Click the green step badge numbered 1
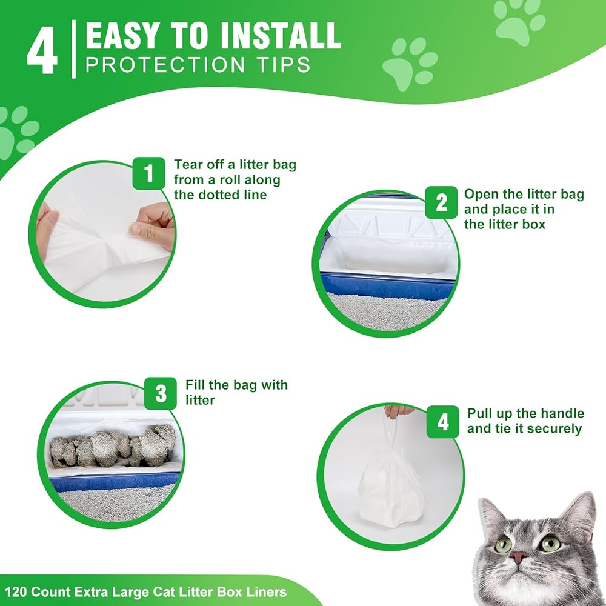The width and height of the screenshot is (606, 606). [x=149, y=173]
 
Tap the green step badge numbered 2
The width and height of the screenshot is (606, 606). [x=441, y=202]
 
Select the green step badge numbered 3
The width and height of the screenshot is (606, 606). [x=161, y=393]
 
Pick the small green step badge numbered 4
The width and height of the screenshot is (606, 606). [x=443, y=422]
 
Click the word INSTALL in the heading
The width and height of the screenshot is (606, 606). [x=281, y=36]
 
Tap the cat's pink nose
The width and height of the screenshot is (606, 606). [x=518, y=557]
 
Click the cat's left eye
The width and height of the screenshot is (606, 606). [x=504, y=545]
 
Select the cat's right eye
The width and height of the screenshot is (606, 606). [x=550, y=543]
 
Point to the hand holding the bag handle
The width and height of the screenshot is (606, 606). [x=398, y=411]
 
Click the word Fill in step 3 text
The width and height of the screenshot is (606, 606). [x=195, y=385]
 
